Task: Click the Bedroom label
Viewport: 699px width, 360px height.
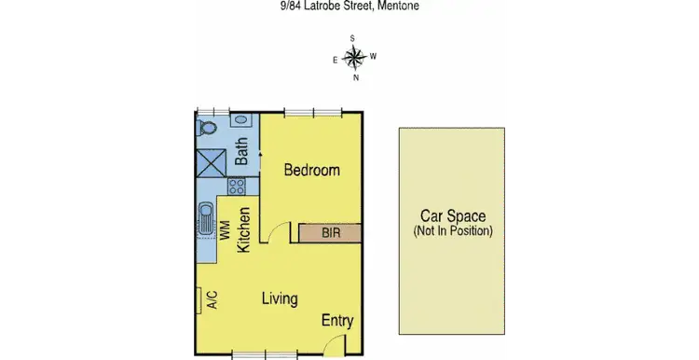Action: tap(311, 171)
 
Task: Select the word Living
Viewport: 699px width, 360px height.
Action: tap(279, 299)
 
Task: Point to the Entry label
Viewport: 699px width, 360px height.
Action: tap(337, 321)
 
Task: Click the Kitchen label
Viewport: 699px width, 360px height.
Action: tap(244, 230)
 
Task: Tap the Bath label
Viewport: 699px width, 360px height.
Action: tap(241, 152)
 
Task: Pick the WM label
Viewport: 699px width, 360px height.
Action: tap(225, 230)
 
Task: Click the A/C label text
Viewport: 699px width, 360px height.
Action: tap(212, 300)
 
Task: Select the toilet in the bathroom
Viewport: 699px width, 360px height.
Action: tap(209, 127)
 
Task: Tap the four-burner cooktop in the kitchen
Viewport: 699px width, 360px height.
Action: tap(236, 186)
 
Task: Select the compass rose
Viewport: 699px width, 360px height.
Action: tap(354, 58)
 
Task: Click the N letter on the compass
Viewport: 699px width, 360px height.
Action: tap(355, 77)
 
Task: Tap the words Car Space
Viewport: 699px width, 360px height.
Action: tap(452, 215)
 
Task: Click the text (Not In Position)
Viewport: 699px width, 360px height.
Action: tap(453, 230)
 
